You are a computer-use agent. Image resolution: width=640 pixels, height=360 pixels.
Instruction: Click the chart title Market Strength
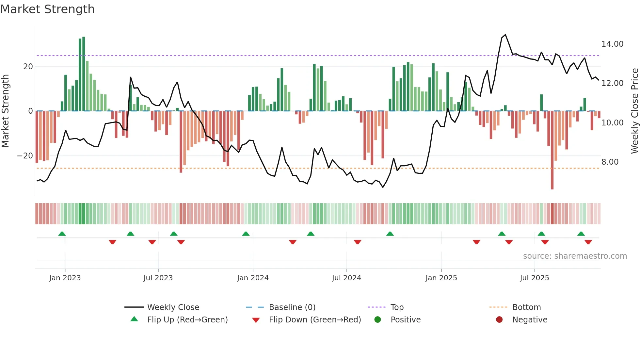coord(47,9)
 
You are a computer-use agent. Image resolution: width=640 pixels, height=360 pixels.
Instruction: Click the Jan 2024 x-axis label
coord(253,278)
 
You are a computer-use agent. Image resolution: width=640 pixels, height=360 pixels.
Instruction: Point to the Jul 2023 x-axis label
coord(158,278)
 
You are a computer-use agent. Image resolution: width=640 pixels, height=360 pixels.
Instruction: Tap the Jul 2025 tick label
coord(535,278)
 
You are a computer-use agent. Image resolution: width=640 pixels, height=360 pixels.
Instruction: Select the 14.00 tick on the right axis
coord(612,44)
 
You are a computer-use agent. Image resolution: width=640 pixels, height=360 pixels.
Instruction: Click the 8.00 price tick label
coord(610,162)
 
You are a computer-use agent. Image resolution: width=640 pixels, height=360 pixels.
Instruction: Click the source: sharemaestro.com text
coord(575,256)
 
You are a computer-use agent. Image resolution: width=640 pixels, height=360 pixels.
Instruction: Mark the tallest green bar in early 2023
coord(84,74)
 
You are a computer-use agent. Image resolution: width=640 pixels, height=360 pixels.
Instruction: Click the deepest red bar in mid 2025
coord(552,150)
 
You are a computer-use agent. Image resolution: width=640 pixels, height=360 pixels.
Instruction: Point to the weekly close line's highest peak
coord(505,35)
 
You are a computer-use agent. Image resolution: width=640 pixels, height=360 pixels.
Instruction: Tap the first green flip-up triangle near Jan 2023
coord(62,234)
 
